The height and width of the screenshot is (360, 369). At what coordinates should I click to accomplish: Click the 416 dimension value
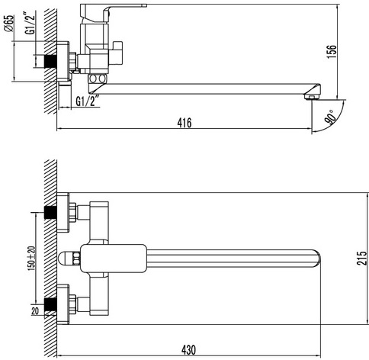tap(184, 123)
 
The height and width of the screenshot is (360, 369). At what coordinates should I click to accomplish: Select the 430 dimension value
tap(188, 350)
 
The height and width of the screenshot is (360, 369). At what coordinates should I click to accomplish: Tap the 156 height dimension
tap(332, 52)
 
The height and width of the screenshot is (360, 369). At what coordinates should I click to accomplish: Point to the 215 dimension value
tap(362, 259)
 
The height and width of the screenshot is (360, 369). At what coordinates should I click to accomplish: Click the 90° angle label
tap(331, 117)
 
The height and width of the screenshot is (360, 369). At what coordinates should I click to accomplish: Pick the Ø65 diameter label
tap(8, 24)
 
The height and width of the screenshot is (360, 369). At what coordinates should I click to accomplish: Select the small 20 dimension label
tap(35, 311)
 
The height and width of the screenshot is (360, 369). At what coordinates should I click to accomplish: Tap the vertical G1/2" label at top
tap(30, 23)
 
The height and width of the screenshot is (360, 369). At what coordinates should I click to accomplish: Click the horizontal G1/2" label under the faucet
tap(87, 101)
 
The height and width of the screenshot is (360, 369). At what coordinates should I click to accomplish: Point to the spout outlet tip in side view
tap(312, 97)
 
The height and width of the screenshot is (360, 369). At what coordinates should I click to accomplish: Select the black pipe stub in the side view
tap(51, 61)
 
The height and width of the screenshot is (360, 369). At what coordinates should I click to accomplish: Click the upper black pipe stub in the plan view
tap(50, 213)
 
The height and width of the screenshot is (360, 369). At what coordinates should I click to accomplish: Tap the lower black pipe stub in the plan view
tap(50, 304)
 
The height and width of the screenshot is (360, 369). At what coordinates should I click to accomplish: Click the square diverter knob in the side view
tap(116, 53)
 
